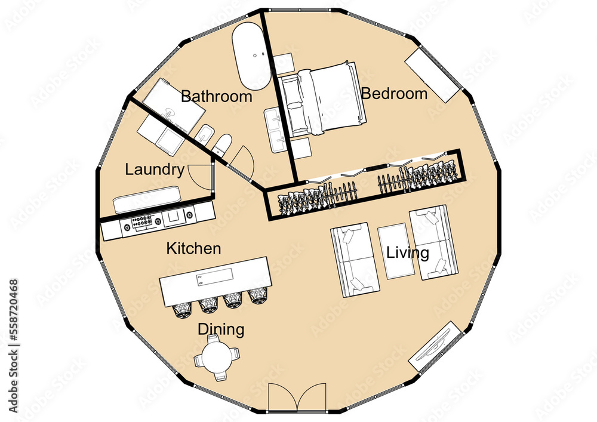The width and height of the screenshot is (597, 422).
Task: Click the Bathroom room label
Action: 216,96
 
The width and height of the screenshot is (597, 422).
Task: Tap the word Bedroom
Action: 394,94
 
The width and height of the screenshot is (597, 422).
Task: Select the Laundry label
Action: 155,170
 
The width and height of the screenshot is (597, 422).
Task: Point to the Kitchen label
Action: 193,248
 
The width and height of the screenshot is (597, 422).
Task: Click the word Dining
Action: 221,329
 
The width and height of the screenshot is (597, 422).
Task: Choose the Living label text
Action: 408,252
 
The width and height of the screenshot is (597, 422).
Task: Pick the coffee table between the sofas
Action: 395,251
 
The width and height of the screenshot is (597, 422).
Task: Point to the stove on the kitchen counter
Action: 141,223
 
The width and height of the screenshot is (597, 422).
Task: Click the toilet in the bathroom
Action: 223,144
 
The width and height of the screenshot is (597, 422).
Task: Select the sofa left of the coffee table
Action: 355,260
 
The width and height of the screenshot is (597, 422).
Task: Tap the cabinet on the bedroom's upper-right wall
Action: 433,74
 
